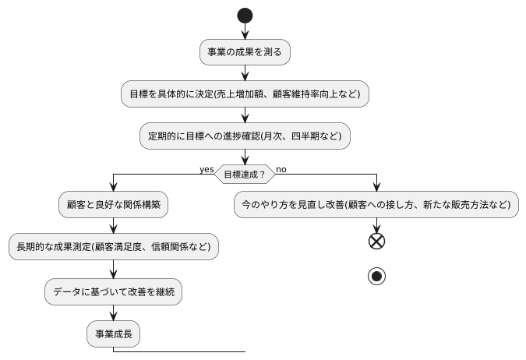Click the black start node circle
point(245,16)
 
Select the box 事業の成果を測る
point(245,52)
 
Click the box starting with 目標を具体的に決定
point(245,94)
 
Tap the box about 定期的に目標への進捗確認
point(245,136)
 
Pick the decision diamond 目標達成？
point(245,175)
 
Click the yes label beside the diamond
point(207,169)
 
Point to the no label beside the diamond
point(281,169)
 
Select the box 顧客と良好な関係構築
point(114,205)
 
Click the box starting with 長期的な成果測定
point(114,247)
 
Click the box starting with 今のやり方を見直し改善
point(377,205)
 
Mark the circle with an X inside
point(377,242)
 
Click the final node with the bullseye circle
point(377,277)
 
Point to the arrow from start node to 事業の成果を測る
point(245,32)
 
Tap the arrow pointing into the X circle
point(377,226)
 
